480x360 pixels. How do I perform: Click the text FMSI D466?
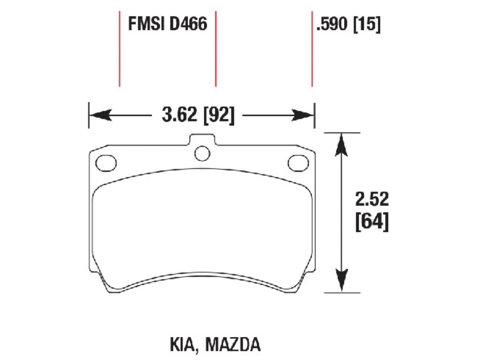167,24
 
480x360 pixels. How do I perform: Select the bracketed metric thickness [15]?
366,25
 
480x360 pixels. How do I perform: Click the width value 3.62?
179,115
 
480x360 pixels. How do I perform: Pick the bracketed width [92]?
219,115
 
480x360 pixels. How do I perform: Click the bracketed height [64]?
372,223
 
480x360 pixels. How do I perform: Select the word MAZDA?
232,345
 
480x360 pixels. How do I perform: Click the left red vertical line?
119,49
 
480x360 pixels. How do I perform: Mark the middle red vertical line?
216,49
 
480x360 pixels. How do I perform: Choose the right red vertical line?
312,49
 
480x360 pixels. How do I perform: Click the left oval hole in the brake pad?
106,163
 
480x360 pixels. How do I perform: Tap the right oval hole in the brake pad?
298,163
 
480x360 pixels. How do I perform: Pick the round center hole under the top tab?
202,153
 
